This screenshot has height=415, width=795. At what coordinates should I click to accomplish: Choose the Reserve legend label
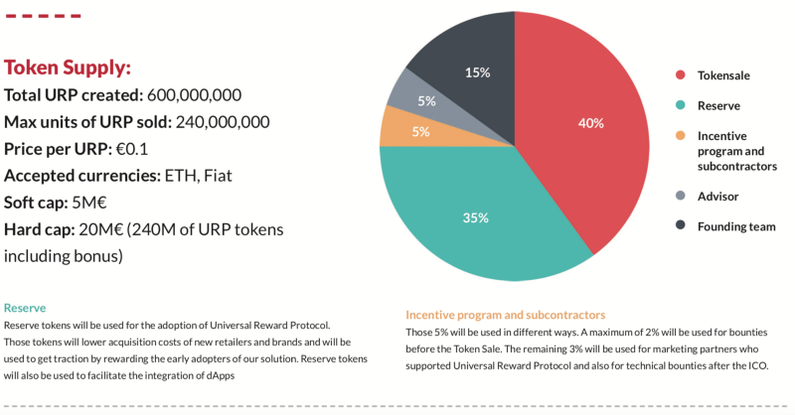pyautogui.click(x=719, y=105)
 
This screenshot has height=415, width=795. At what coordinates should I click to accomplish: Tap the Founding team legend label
pyautogui.click(x=736, y=226)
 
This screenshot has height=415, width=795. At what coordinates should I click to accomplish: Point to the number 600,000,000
pyautogui.click(x=194, y=95)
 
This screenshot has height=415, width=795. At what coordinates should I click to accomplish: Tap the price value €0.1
pyautogui.click(x=129, y=149)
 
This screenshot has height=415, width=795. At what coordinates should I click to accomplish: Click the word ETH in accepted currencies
pyautogui.click(x=181, y=176)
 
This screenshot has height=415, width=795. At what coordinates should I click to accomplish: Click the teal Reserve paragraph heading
pyautogui.click(x=25, y=309)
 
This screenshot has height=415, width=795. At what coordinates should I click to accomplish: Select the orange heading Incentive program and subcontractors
pyautogui.click(x=505, y=315)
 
